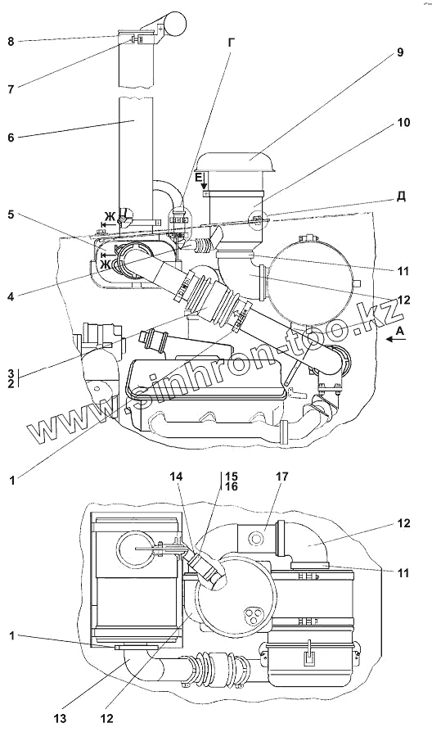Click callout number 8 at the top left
11,41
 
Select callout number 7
11,88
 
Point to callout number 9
399,52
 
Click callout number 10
403,122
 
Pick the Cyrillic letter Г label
231,43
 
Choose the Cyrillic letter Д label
401,196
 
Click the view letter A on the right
400,332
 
